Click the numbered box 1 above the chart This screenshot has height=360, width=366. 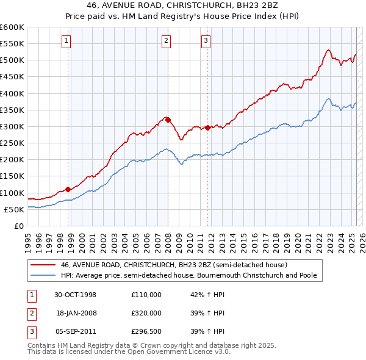66,41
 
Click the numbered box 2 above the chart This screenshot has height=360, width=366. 166,41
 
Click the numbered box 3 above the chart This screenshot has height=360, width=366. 206,41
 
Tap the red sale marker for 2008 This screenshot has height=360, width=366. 168,120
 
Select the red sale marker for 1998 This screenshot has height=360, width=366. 68,189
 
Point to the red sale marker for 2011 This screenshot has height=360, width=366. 207,128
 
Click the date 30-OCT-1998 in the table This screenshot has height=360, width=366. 76,295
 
